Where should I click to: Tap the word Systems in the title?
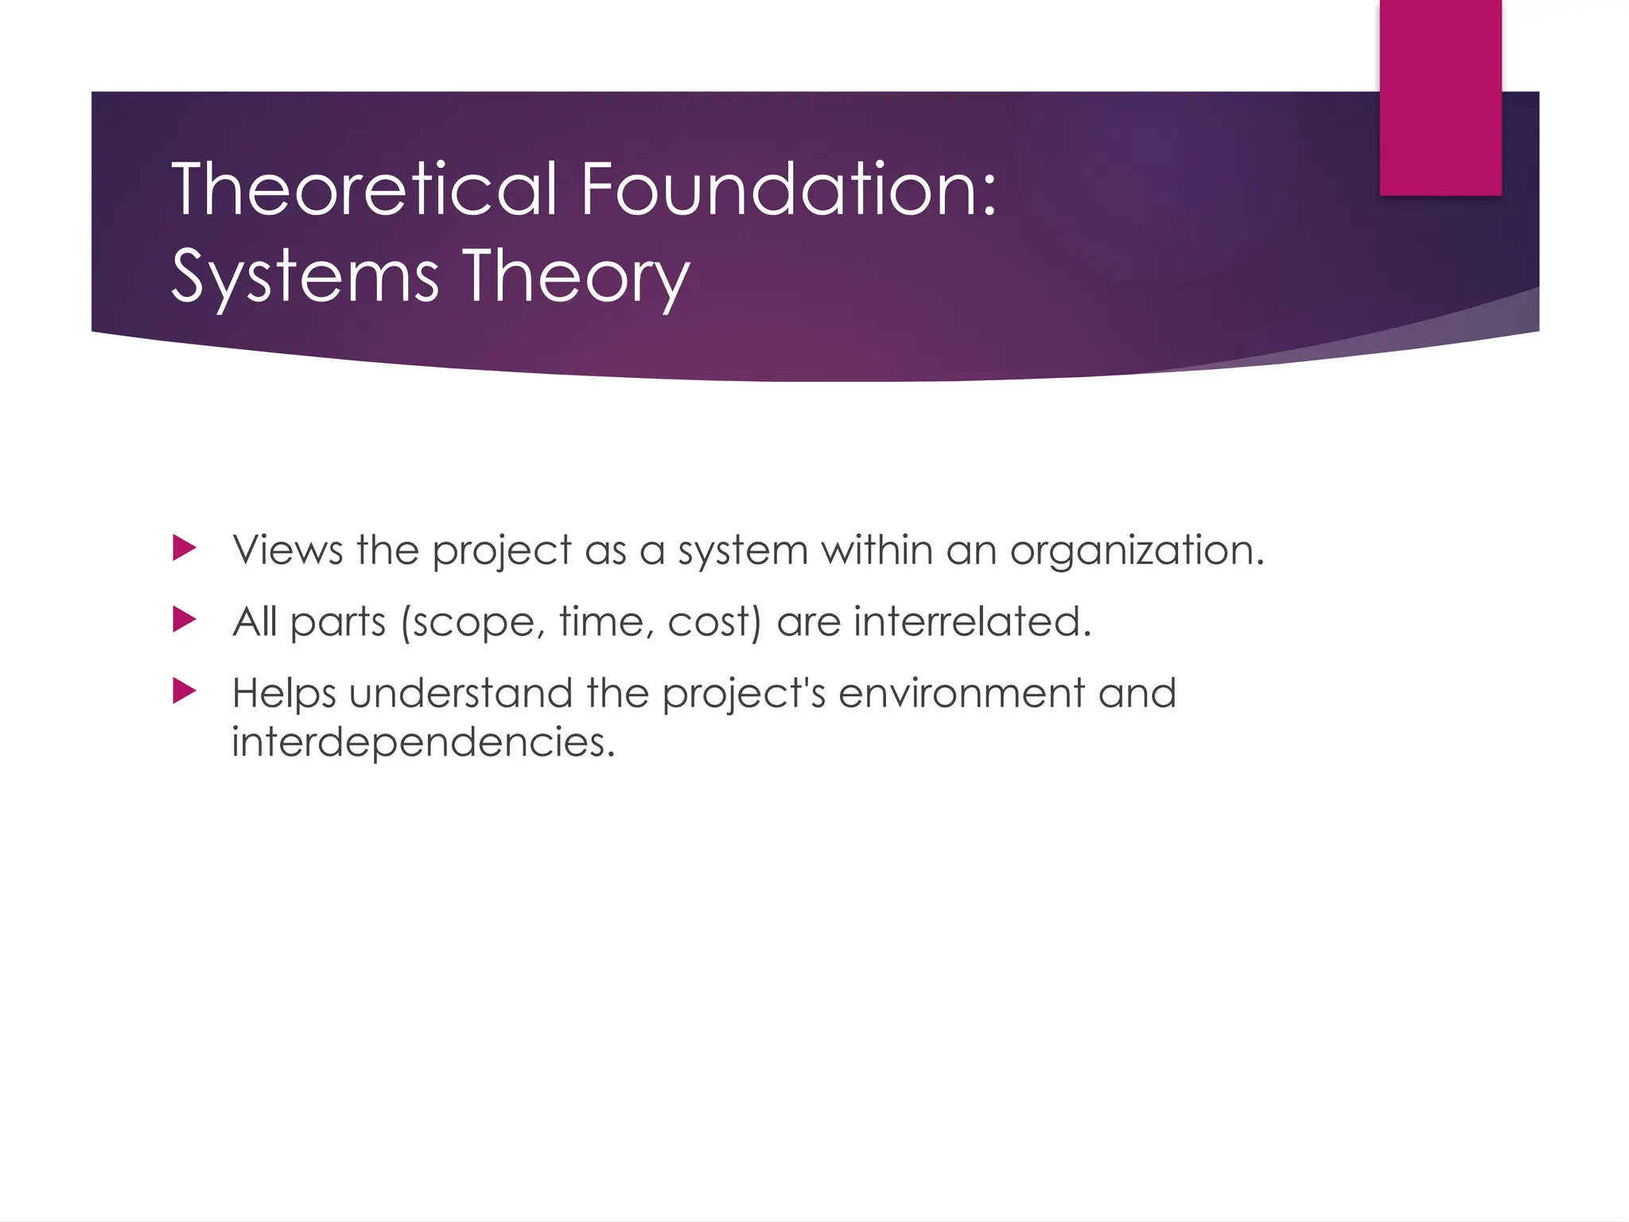pos(305,276)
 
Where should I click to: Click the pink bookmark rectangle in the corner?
pos(1440,97)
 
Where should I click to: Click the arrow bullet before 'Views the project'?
pos(184,548)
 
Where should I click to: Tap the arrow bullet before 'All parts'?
pos(184,620)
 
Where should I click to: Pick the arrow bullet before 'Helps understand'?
pos(184,691)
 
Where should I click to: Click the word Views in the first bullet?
pos(287,550)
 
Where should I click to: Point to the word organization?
pos(1137,550)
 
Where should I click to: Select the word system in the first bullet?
pos(742,551)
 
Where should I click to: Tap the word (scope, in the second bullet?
pos(472,622)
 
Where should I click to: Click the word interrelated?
pos(972,621)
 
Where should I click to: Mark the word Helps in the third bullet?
pos(284,694)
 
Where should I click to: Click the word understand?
pos(460,693)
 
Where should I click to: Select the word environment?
pos(961,693)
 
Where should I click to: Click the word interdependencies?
pos(423,742)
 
